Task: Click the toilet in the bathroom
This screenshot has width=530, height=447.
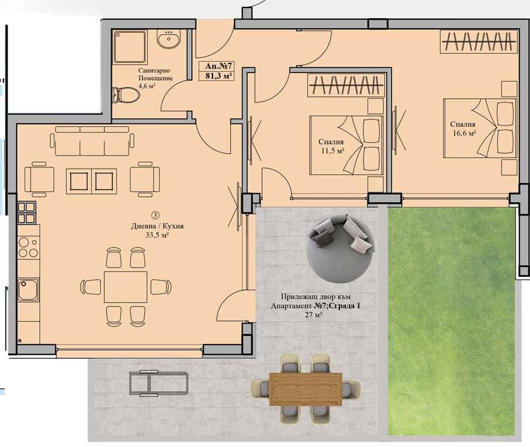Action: (128, 94)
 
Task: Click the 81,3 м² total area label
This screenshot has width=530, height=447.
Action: (216, 75)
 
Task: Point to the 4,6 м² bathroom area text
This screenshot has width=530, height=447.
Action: (149, 86)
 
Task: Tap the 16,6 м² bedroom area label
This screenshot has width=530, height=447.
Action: (464, 133)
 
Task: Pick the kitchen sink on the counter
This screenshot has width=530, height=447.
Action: (26, 290)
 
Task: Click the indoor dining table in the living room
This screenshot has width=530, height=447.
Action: (126, 287)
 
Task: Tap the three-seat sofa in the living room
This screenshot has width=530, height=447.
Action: (92, 142)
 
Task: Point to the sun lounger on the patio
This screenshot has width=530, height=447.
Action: (158, 381)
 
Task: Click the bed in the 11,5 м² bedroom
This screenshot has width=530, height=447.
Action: (346, 145)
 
